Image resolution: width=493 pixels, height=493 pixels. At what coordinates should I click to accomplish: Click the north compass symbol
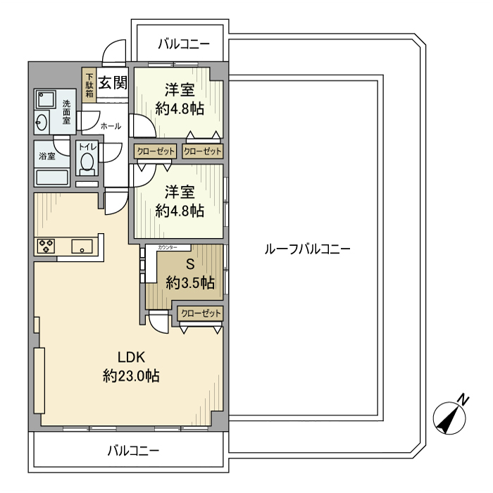[449, 416]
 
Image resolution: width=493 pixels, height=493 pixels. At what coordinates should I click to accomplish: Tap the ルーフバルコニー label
[306, 249]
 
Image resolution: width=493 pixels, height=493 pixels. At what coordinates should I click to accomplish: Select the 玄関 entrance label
[112, 84]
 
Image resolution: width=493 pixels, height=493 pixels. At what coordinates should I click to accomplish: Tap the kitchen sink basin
[81, 246]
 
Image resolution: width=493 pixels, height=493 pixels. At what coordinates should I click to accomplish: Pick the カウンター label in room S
[173, 248]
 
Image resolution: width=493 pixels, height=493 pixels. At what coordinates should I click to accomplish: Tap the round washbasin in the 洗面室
[42, 123]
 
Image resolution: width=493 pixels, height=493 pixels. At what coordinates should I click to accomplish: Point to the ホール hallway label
[111, 126]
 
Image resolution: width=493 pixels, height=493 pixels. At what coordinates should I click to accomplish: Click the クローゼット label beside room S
[201, 313]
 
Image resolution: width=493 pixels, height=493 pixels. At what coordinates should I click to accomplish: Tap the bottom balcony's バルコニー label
[133, 450]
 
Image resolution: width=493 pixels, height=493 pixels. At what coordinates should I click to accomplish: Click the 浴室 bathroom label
[47, 156]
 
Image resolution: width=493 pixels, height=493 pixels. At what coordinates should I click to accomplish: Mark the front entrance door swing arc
[111, 52]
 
